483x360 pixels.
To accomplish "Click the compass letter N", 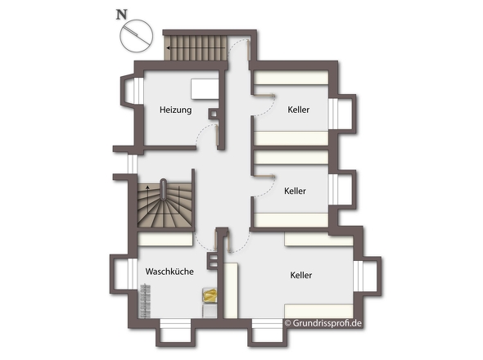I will click(121, 14).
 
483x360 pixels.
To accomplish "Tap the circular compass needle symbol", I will click(136, 35).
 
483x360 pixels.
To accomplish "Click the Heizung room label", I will click(175, 110).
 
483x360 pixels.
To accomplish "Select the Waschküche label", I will click(169, 272).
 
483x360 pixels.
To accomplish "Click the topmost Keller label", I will click(298, 110).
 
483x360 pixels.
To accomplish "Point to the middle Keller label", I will click(295, 191).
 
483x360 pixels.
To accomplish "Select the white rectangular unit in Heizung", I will click(204, 88).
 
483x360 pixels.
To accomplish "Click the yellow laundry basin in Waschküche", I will click(210, 296).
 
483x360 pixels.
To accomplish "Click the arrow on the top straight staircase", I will click(168, 48).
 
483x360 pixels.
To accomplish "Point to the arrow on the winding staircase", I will click(147, 187).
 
